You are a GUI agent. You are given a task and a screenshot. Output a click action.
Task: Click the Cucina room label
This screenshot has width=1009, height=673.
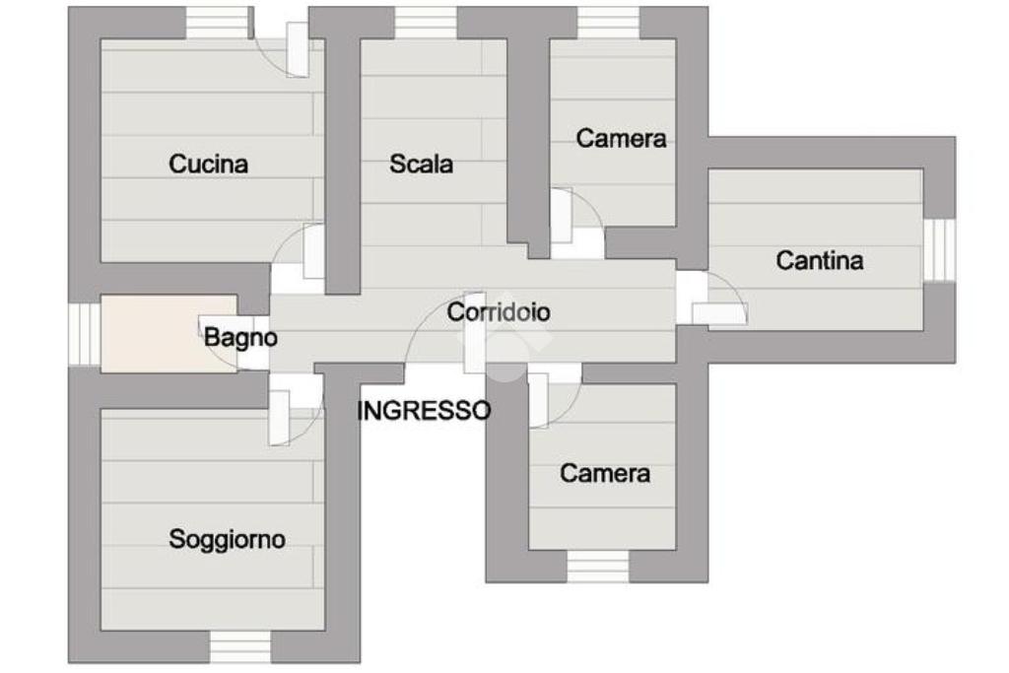point(208,164)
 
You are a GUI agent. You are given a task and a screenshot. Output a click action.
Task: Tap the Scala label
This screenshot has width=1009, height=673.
point(421,164)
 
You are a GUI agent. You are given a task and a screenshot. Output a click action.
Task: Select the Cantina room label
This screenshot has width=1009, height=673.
point(820,261)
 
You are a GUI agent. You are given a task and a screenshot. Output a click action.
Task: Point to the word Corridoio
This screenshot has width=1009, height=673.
point(499,312)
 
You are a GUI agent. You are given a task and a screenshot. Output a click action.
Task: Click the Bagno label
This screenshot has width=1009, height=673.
point(240,338)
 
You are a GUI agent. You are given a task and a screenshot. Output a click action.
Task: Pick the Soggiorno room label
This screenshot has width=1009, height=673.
point(227,539)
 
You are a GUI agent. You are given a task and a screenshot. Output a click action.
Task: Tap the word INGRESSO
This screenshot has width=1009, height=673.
point(424,411)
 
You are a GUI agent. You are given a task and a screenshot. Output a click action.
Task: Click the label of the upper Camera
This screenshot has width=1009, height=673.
point(621,139)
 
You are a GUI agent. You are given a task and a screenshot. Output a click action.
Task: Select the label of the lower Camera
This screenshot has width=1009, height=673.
point(605,474)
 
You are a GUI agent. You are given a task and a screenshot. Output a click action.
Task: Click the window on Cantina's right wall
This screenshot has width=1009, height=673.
point(939,250)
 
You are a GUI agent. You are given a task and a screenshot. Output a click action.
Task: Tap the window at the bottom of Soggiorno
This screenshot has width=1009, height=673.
point(240,646)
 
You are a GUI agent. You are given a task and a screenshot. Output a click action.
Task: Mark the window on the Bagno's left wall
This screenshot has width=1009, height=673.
point(85,334)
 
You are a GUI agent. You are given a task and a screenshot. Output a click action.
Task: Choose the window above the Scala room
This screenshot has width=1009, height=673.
point(426,23)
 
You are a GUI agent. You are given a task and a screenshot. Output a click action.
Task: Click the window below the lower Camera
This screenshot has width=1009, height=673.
point(598,566)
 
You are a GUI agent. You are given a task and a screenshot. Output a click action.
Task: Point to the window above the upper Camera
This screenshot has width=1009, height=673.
point(608,23)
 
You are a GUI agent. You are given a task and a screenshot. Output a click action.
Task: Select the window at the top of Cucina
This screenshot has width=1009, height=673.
point(217,23)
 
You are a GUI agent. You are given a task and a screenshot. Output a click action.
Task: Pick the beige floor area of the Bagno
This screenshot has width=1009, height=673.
point(148,334)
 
